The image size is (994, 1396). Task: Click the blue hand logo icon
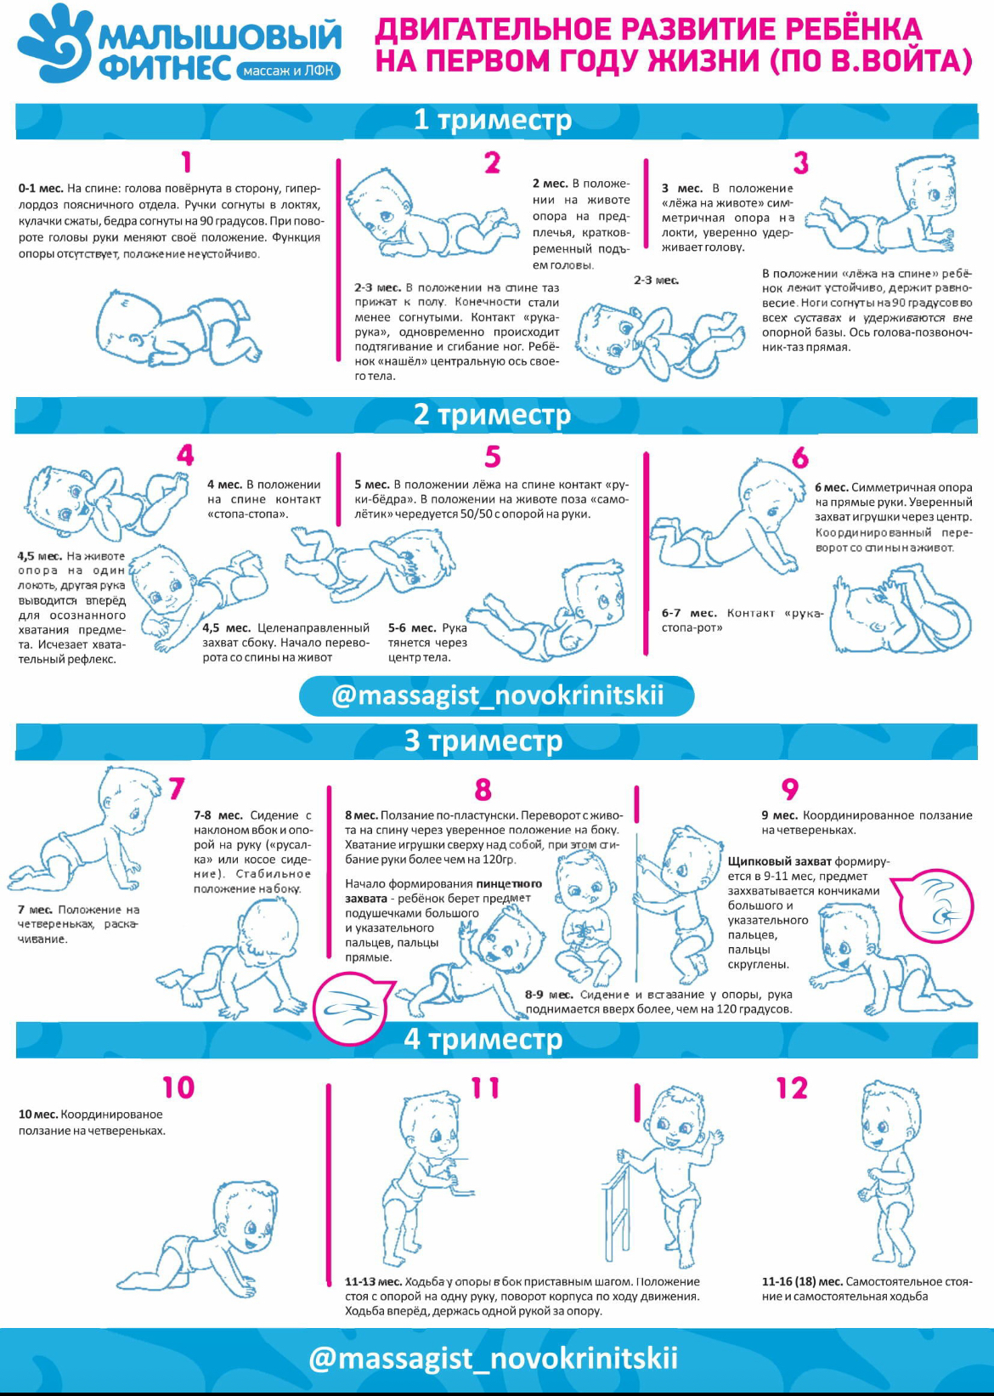click(x=53, y=43)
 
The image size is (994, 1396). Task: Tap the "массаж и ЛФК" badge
click(x=288, y=71)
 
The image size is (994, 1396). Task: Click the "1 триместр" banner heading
click(x=493, y=120)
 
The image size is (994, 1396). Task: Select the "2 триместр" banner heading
click(x=492, y=414)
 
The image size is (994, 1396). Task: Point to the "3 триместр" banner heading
click(x=483, y=741)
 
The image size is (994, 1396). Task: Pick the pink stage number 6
click(x=800, y=457)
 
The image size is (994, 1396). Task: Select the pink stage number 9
click(x=790, y=788)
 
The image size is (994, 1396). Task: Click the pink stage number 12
click(x=792, y=1088)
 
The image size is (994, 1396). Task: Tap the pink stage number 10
click(x=178, y=1087)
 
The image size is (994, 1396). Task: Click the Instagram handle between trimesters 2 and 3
click(x=497, y=695)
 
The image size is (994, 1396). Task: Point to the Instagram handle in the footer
click(x=493, y=1358)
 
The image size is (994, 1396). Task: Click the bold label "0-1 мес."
click(x=41, y=188)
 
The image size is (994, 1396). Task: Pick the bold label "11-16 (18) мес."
click(x=802, y=1282)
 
